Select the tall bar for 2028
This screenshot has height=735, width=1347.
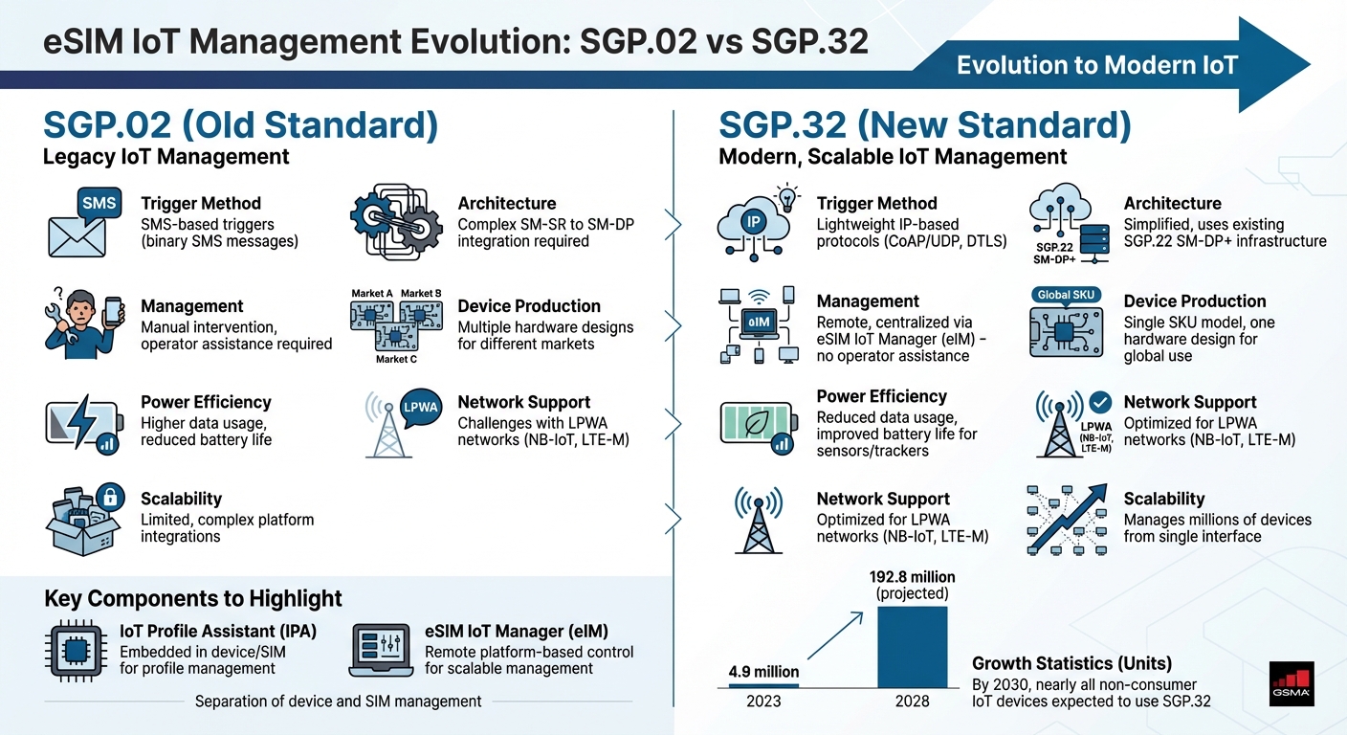pyautogui.click(x=913, y=646)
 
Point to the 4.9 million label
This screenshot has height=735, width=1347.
pyautogui.click(x=762, y=672)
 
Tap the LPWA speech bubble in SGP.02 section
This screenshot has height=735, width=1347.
pyautogui.click(x=421, y=407)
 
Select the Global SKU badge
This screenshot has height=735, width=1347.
pyautogui.click(x=1065, y=295)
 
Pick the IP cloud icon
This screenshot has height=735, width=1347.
pyautogui.click(x=753, y=222)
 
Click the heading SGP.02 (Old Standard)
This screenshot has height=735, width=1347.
pyautogui.click(x=240, y=126)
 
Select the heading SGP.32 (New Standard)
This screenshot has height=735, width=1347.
pyautogui.click(x=924, y=126)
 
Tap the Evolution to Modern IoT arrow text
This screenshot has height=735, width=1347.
pyautogui.click(x=1096, y=65)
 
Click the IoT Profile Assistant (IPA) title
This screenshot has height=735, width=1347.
pyautogui.click(x=218, y=631)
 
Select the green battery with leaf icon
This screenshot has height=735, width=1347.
pyautogui.click(x=753, y=425)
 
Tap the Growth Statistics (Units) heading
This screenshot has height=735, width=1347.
pyautogui.click(x=1071, y=663)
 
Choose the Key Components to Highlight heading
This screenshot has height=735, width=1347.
pyautogui.click(x=193, y=599)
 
